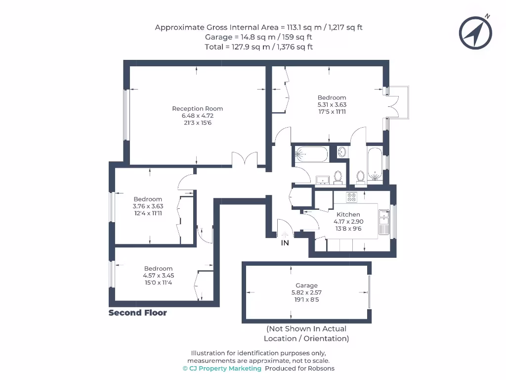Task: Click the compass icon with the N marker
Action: (475, 33)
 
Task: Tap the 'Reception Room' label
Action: (197, 108)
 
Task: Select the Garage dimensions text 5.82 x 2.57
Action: (306, 292)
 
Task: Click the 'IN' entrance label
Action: (285, 243)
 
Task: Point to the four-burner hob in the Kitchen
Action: (352, 197)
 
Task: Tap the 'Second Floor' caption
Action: (138, 313)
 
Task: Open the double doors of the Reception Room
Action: (245, 160)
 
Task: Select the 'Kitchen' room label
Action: (348, 214)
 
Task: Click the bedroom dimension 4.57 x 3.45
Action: (158, 276)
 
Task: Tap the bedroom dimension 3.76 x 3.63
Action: (148, 206)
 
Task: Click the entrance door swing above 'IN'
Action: (286, 229)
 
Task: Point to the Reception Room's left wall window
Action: (126, 114)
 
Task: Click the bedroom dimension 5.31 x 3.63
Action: (332, 105)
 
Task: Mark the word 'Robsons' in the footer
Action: (321, 369)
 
